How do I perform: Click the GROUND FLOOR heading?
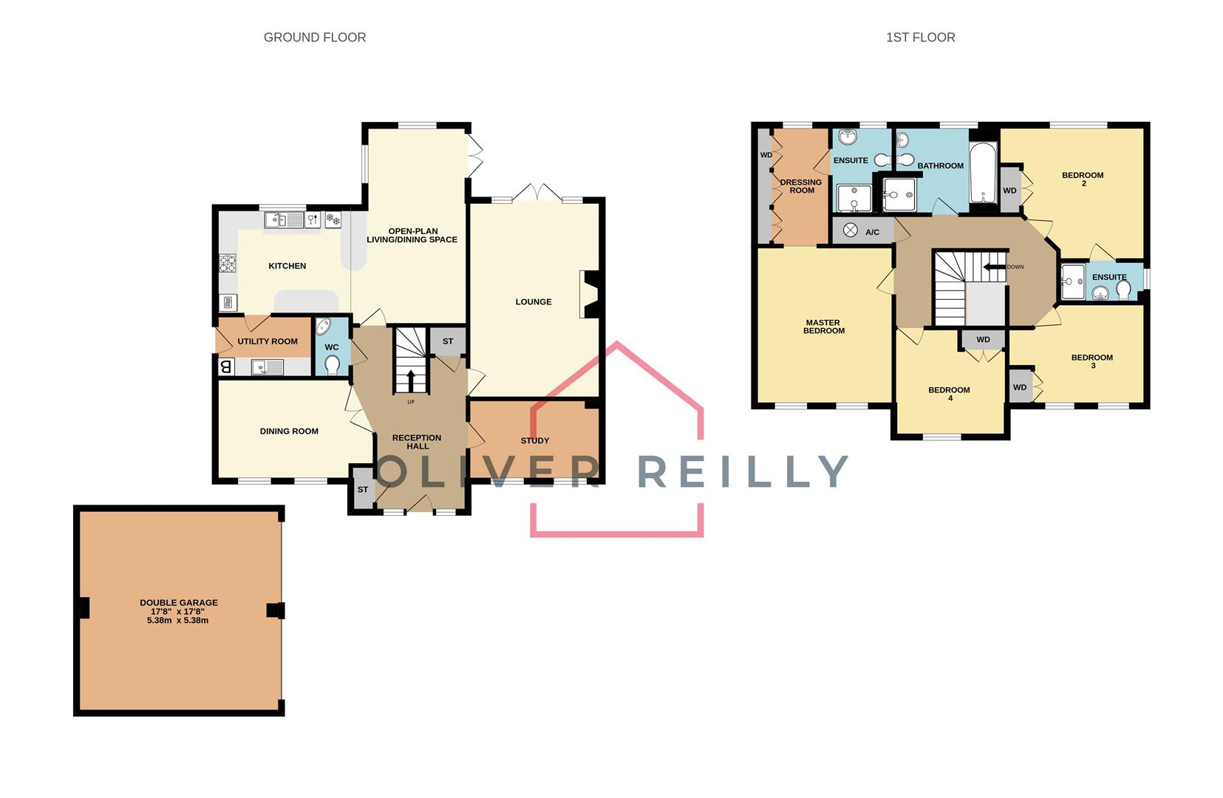315,37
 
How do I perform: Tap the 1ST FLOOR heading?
921,37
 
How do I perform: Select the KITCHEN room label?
287,266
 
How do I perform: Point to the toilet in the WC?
332,364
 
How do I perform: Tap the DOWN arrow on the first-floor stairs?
995,267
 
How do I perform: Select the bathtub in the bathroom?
983,173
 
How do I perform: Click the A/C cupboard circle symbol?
850,231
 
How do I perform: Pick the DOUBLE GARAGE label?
179,603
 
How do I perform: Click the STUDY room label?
535,440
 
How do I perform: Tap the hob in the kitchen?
228,263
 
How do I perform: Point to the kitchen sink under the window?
284,220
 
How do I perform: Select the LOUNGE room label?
534,302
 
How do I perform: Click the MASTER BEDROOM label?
824,327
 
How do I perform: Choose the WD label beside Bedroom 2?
1009,191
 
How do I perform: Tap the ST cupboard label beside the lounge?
448,341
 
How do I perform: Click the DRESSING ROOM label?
801,186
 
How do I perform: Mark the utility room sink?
268,366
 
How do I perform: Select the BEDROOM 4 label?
950,394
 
